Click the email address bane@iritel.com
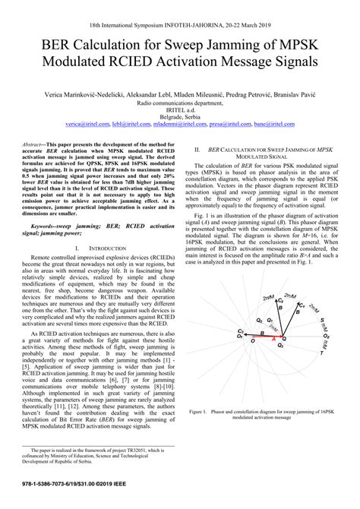pos(273,122)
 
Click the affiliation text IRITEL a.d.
pos(180,108)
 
